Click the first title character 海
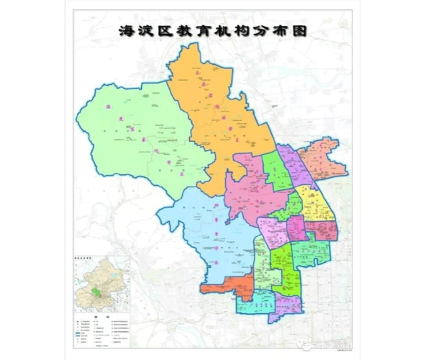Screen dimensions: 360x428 (129, 32)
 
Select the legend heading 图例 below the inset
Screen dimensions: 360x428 (105, 318)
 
